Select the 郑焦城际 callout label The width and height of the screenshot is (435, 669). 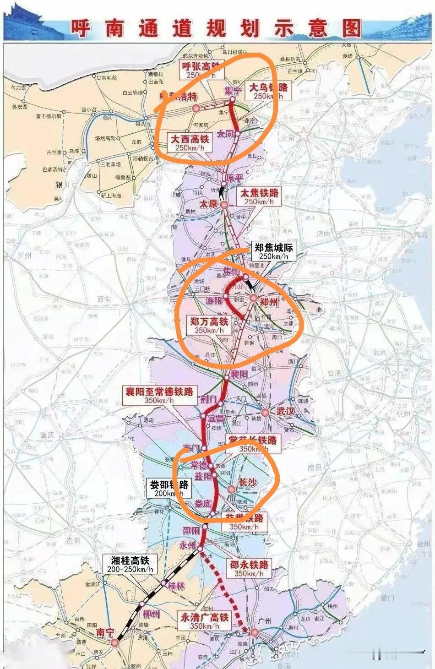[273, 251]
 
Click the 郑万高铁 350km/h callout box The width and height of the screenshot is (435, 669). [209, 326]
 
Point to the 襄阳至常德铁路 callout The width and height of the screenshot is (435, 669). [159, 395]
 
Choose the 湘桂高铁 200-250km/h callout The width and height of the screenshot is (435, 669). [130, 564]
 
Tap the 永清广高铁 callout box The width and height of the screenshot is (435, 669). [204, 621]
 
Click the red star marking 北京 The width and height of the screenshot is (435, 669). [304, 135]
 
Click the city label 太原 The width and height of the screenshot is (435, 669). [208, 203]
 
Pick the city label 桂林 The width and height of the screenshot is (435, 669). [176, 586]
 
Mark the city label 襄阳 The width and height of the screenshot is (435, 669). [239, 374]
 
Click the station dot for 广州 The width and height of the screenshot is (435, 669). [254, 632]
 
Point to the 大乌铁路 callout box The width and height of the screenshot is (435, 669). [268, 91]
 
